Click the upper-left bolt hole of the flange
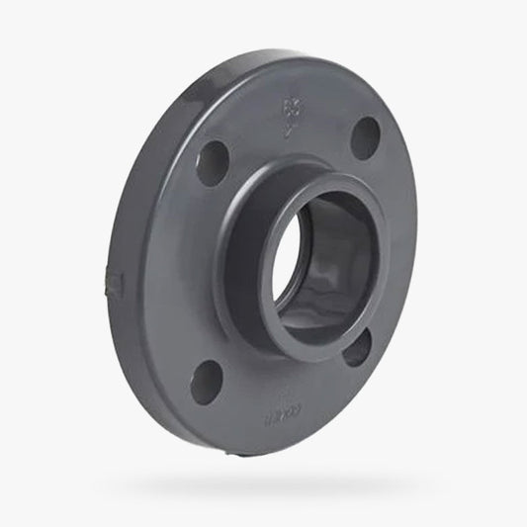tap(211, 161)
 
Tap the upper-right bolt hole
tap(366, 137)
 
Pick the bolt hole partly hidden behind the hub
tap(358, 345)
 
